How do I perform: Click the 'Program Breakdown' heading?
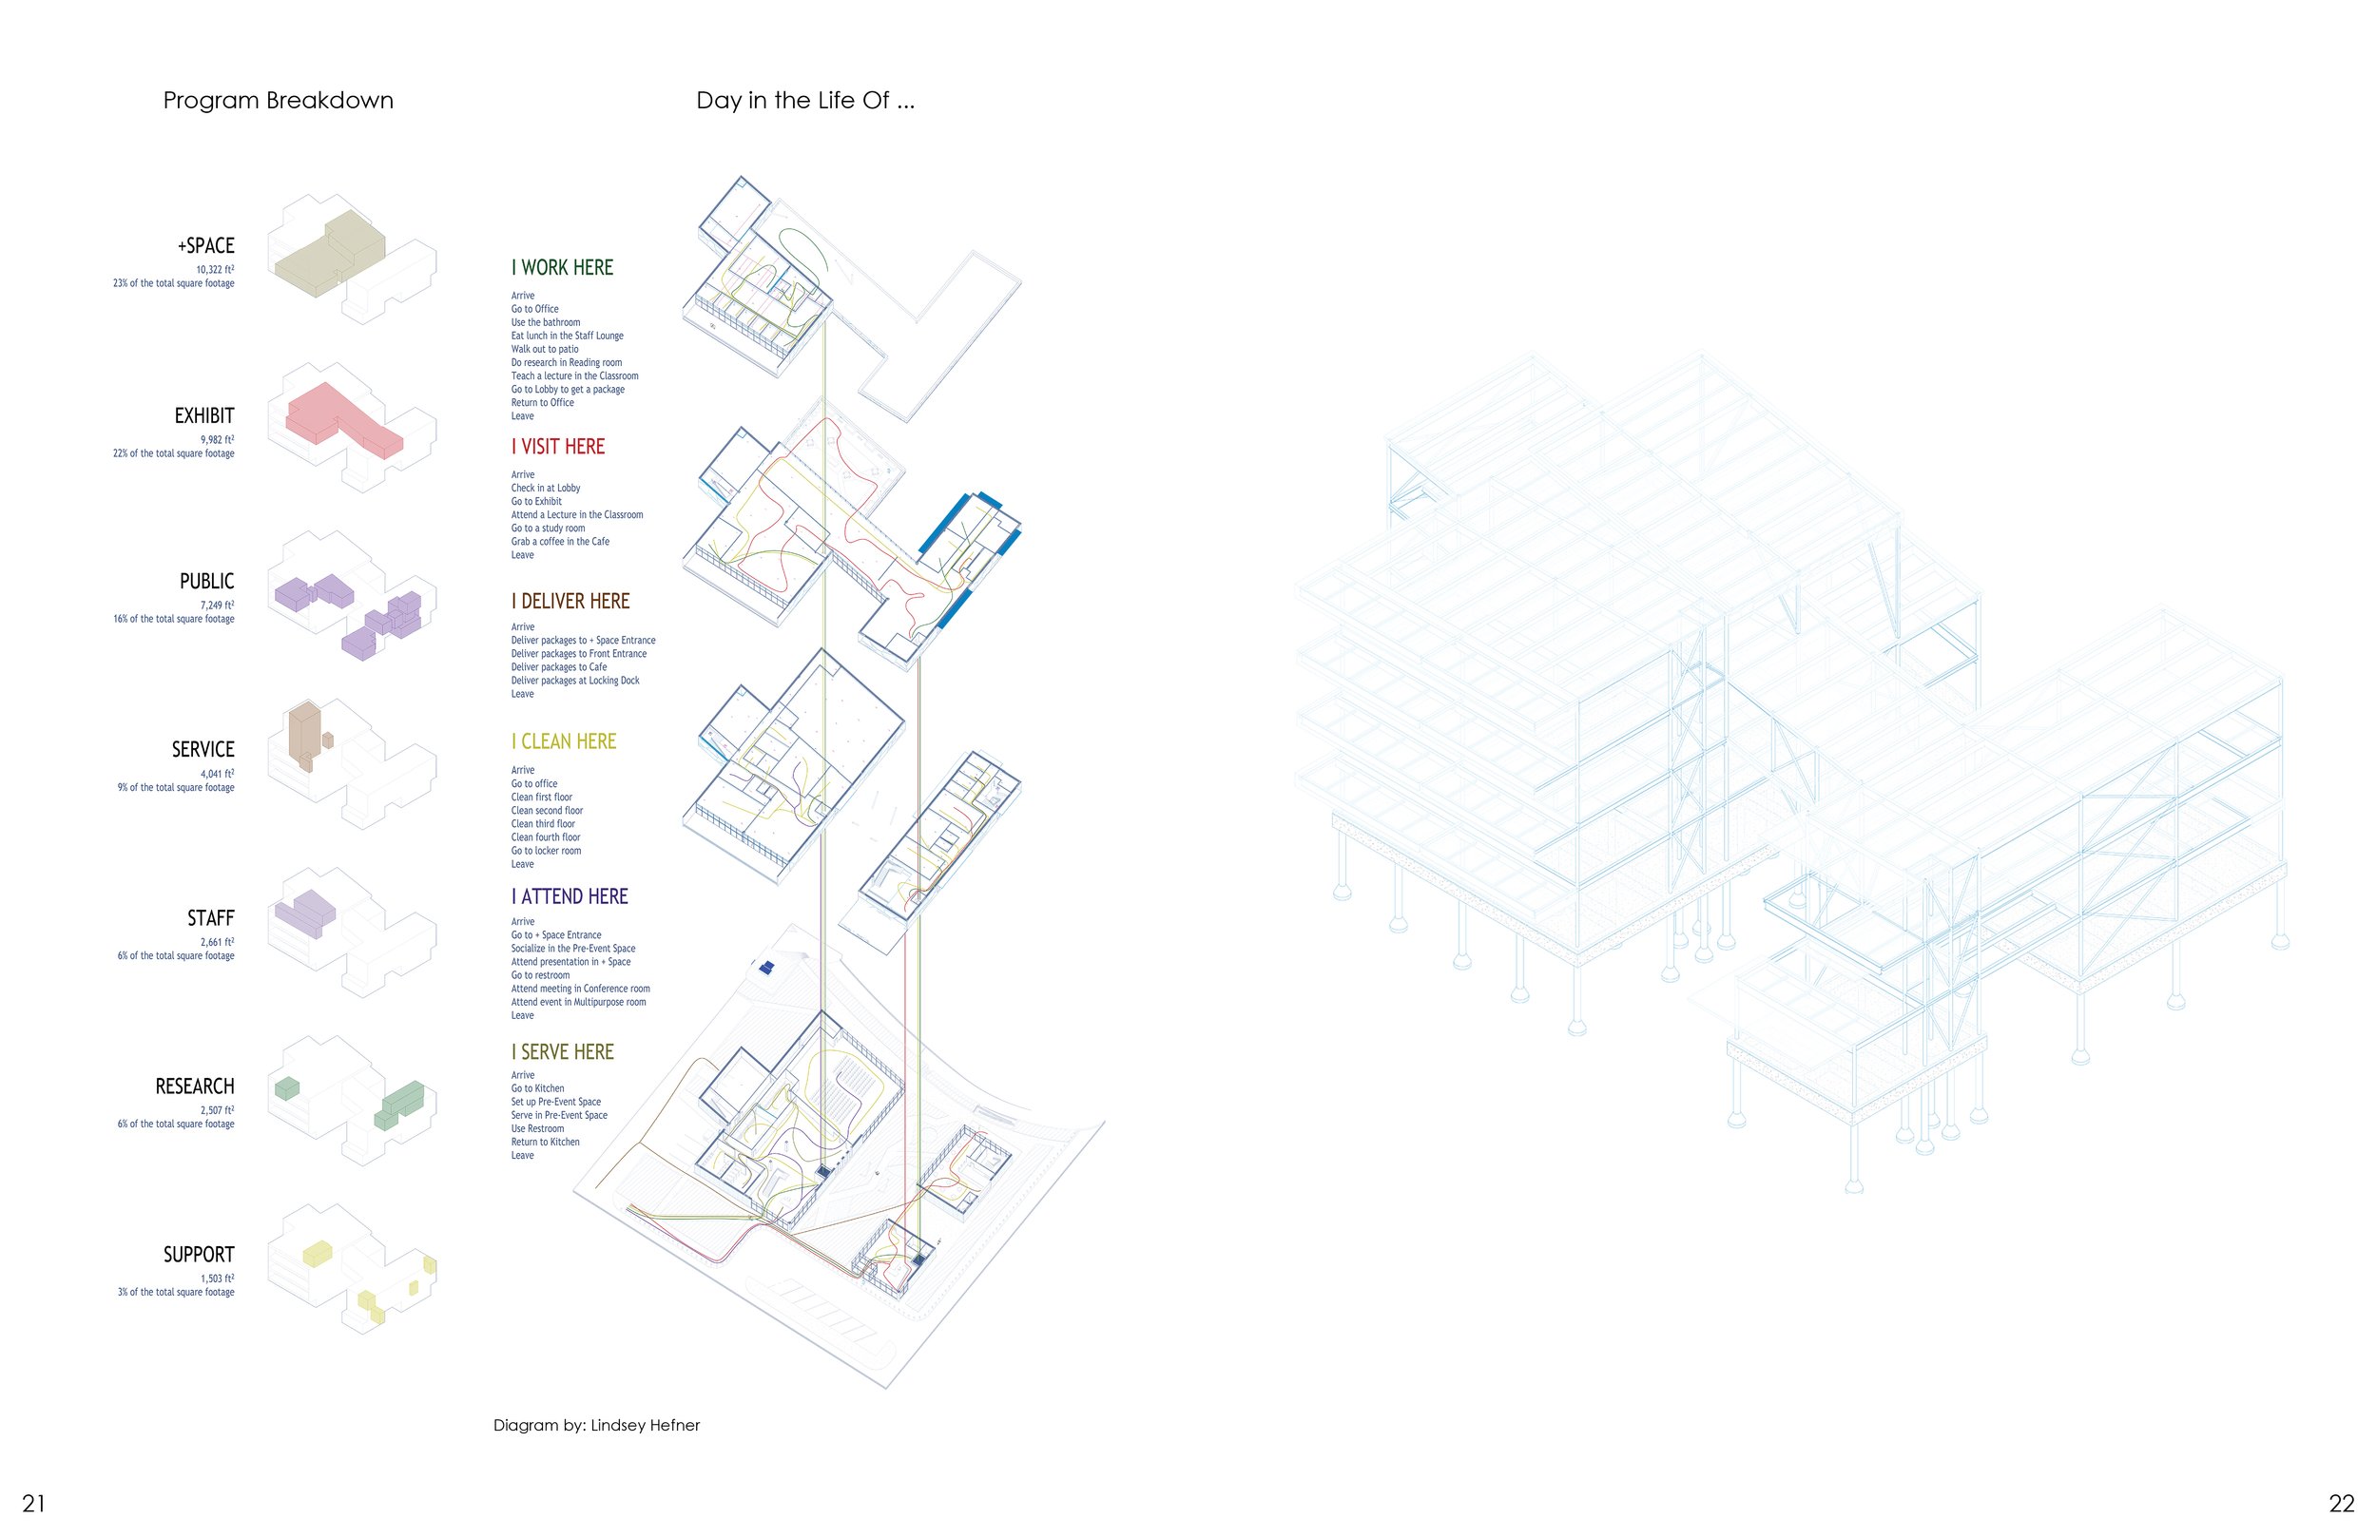click(x=278, y=101)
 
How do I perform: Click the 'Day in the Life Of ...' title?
click(x=805, y=101)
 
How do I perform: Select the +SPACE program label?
click(x=205, y=245)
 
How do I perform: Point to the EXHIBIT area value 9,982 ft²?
click(x=217, y=439)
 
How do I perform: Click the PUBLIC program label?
click(x=206, y=581)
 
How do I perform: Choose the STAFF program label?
click(x=211, y=918)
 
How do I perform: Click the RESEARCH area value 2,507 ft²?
click(x=217, y=1110)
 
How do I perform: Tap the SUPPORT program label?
click(x=199, y=1255)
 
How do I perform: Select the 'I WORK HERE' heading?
click(x=562, y=268)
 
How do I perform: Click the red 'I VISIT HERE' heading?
click(x=558, y=447)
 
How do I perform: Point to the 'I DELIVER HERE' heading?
click(x=570, y=601)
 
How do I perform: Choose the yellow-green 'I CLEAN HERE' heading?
click(x=564, y=741)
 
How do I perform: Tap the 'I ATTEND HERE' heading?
click(x=570, y=896)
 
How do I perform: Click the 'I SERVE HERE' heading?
click(x=562, y=1051)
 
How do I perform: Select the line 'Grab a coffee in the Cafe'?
click(x=559, y=541)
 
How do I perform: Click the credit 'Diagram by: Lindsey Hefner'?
click(x=596, y=1425)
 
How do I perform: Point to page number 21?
click(x=34, y=1503)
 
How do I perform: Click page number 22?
click(x=2342, y=1503)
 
